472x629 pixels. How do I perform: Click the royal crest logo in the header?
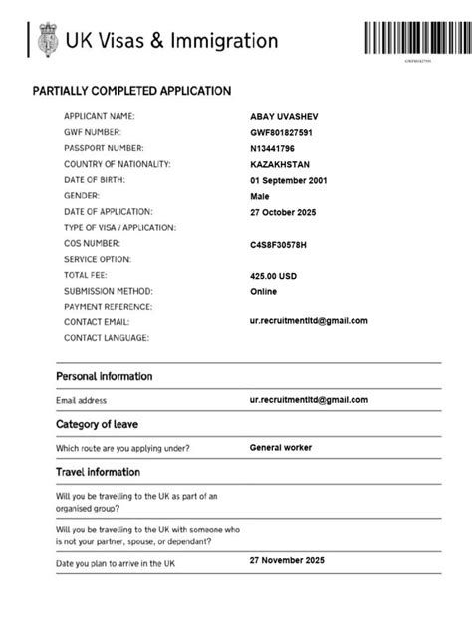[x=46, y=41]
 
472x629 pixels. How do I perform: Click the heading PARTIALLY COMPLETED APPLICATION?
[x=132, y=91]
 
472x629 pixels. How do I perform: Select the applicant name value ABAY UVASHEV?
[x=285, y=117]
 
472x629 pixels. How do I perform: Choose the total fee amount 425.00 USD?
[x=274, y=276]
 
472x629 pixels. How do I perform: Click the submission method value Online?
[x=263, y=292]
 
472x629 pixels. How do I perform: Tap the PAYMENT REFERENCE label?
[x=108, y=307]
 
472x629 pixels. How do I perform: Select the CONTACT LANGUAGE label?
[x=107, y=338]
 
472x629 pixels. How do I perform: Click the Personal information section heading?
[x=105, y=377]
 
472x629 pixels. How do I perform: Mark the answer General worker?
[x=280, y=448]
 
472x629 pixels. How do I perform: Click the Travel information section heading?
[x=98, y=472]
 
